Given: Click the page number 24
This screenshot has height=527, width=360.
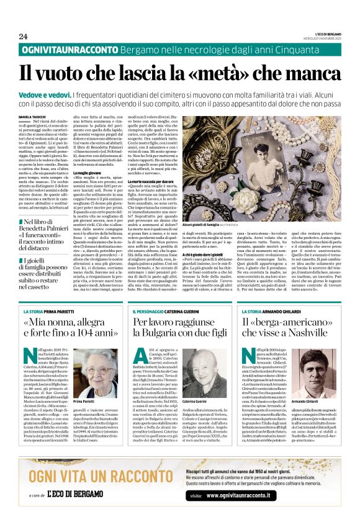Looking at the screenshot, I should coord(23,37).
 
